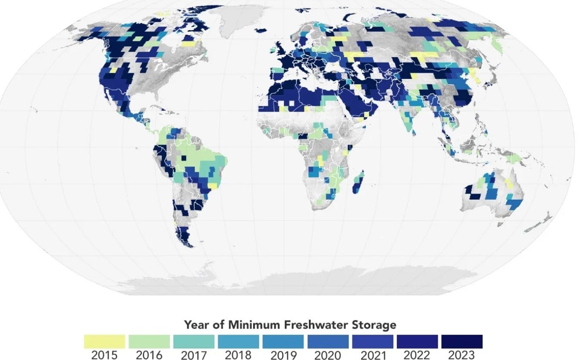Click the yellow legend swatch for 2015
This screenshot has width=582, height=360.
pyautogui.click(x=104, y=341)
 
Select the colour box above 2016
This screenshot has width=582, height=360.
pyautogui.click(x=149, y=341)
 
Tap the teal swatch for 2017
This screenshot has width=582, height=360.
pyautogui.click(x=194, y=341)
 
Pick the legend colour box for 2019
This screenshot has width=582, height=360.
pyautogui.click(x=283, y=341)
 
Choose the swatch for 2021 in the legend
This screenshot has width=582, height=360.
pyautogui.click(x=373, y=341)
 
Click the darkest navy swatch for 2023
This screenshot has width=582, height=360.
pyautogui.click(x=462, y=341)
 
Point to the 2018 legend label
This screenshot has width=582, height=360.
pyautogui.click(x=238, y=355)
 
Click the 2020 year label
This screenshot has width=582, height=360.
pyautogui.click(x=328, y=355)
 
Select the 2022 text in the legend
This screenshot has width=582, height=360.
pyautogui.click(x=417, y=355)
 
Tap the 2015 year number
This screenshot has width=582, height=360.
pyautogui.click(x=104, y=355)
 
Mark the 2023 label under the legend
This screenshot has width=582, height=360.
pyautogui.click(x=462, y=355)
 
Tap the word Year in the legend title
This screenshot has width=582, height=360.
pyautogui.click(x=194, y=325)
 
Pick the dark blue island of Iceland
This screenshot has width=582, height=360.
pyautogui.click(x=260, y=30)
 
